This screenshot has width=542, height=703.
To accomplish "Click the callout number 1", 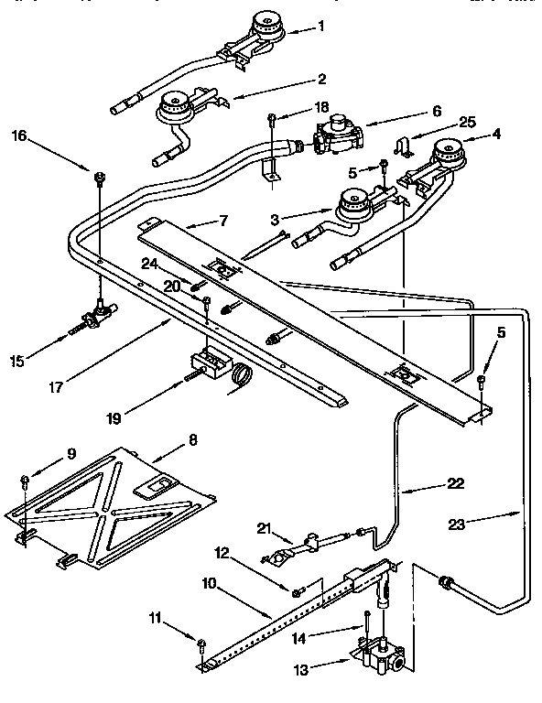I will pos(321,27).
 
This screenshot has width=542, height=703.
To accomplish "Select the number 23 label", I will pos(460,525).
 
